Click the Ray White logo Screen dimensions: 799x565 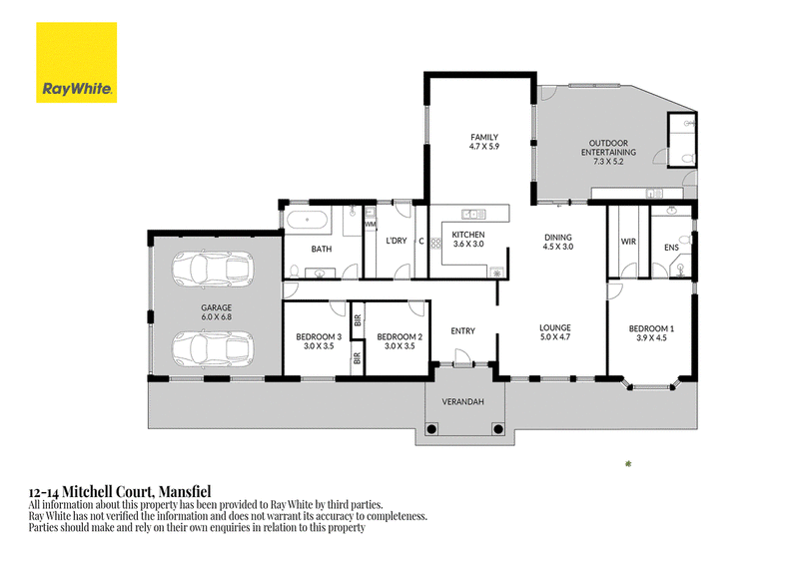click(77, 62)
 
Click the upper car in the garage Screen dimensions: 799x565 click(213, 268)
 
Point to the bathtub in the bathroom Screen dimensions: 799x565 click(308, 220)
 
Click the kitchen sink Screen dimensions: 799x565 click(473, 214)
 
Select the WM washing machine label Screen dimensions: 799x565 click(370, 225)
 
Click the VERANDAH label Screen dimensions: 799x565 click(462, 402)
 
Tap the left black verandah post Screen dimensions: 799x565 click(431, 429)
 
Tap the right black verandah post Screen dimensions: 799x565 click(497, 429)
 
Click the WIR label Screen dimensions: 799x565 click(628, 242)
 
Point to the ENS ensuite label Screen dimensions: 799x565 click(671, 248)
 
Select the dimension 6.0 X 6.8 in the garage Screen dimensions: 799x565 click(216, 316)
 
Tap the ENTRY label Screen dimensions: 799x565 click(462, 331)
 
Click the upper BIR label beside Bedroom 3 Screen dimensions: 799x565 click(358, 320)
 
